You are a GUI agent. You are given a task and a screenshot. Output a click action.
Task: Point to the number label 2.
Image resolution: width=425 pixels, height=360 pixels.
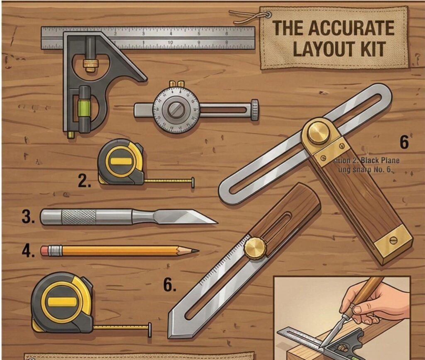(85, 181)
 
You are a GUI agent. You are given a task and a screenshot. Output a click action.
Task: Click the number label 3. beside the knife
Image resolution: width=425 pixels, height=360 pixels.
(28, 217)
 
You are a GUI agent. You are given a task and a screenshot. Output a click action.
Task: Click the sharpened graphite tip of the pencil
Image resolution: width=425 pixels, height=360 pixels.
(194, 251)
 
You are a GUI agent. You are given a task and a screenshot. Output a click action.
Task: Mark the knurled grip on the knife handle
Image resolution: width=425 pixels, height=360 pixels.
(78, 217)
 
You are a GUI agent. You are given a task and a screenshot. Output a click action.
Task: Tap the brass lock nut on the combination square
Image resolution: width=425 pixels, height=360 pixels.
(90, 64)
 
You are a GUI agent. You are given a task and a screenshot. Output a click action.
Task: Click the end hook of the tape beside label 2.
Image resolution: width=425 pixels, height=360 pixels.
(193, 182)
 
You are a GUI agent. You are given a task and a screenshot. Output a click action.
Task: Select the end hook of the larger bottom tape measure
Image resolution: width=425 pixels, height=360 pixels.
(149, 329)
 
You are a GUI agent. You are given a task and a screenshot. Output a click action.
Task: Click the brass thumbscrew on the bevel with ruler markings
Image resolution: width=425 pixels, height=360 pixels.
(255, 248)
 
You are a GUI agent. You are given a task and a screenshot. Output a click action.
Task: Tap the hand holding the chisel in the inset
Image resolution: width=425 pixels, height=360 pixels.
(373, 301)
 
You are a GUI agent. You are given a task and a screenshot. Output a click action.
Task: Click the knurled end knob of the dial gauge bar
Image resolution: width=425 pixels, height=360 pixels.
(254, 110)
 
